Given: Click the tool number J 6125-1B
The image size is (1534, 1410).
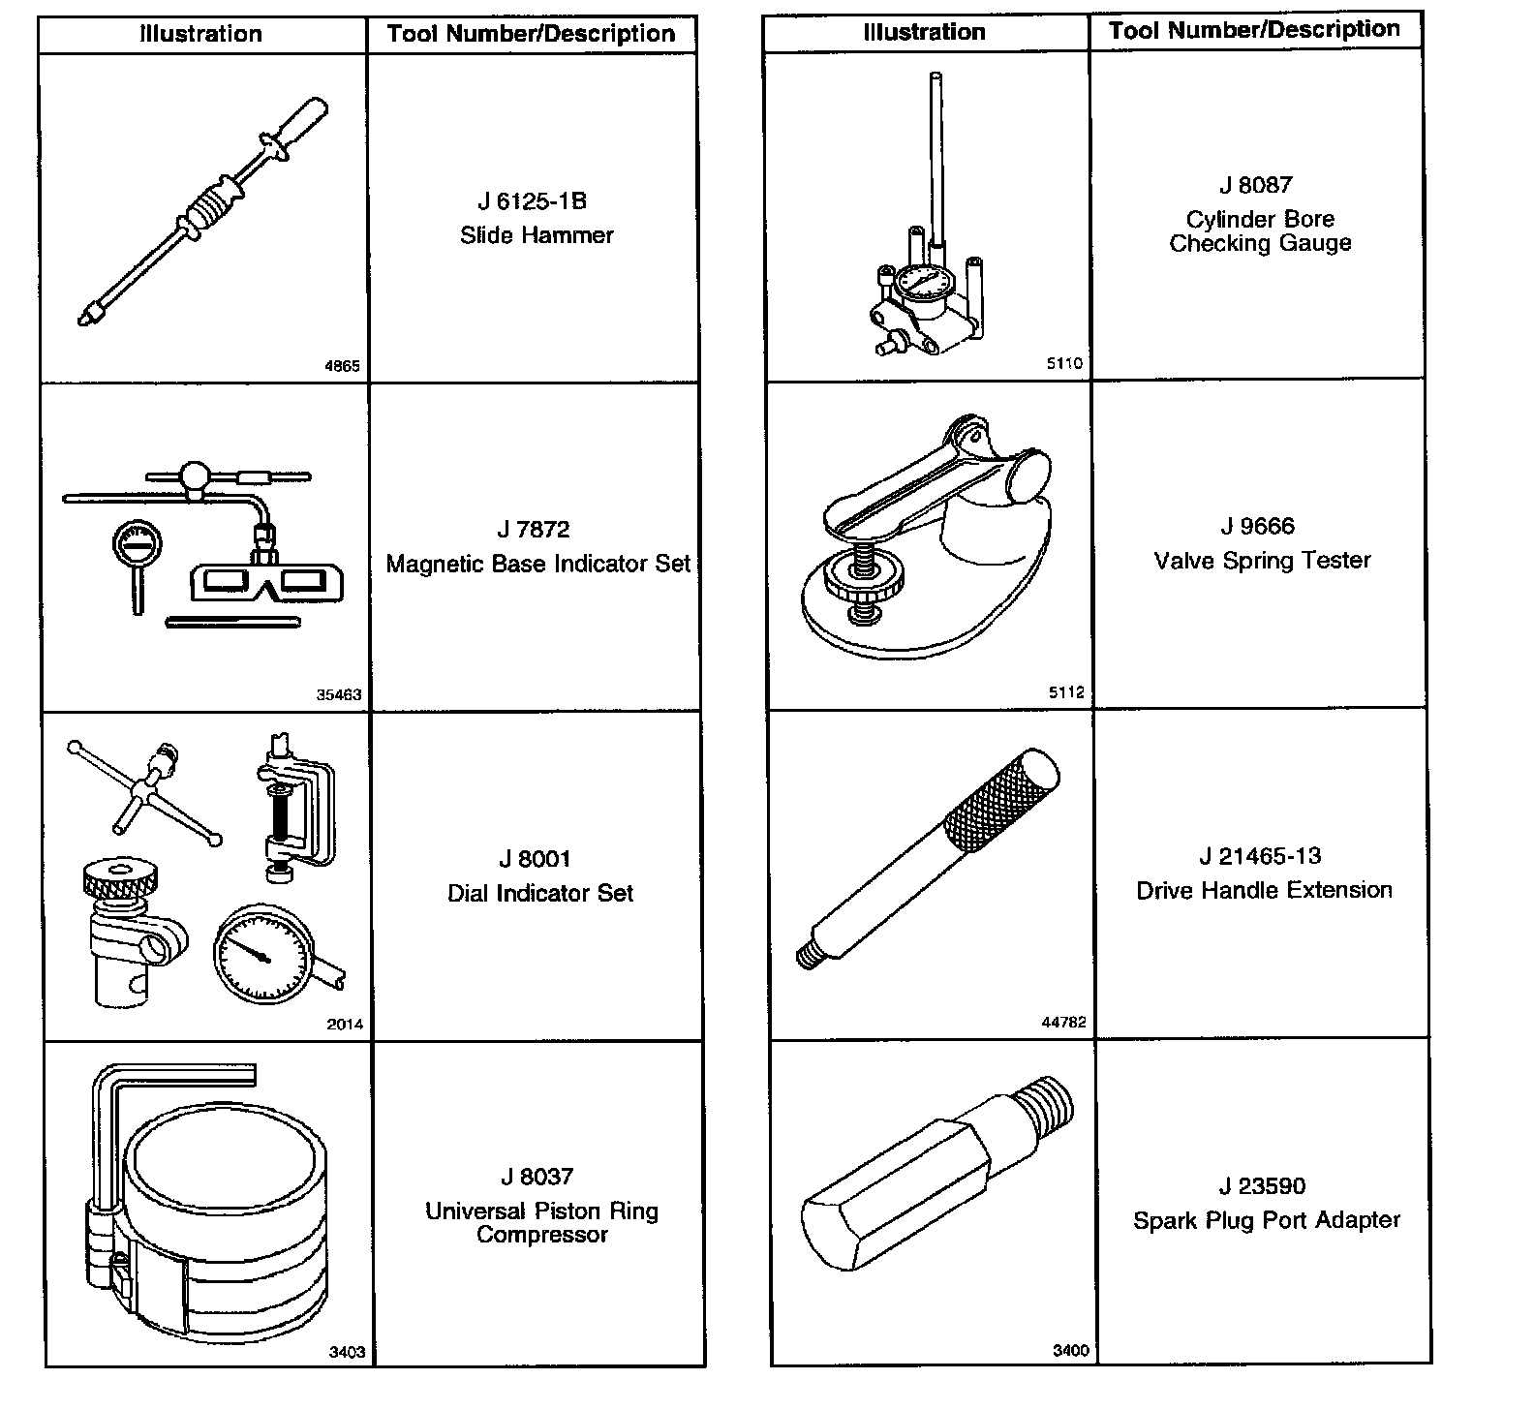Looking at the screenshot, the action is (532, 201).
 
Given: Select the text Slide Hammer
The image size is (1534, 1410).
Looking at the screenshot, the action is (537, 235).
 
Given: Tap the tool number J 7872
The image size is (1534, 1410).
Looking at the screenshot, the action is (533, 530).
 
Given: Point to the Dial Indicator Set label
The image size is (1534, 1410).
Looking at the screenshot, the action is (539, 893).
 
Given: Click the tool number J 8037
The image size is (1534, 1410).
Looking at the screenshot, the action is (537, 1177).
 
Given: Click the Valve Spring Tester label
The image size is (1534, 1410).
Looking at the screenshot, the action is (1262, 561).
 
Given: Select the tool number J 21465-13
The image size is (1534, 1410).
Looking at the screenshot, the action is (1259, 856).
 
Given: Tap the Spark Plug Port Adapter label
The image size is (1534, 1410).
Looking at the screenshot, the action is (1267, 1220).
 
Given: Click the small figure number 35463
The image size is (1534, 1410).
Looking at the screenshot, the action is (339, 694).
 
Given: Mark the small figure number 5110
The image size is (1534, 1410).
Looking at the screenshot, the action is (1065, 363).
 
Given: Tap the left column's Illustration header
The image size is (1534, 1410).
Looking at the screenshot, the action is (201, 34).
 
